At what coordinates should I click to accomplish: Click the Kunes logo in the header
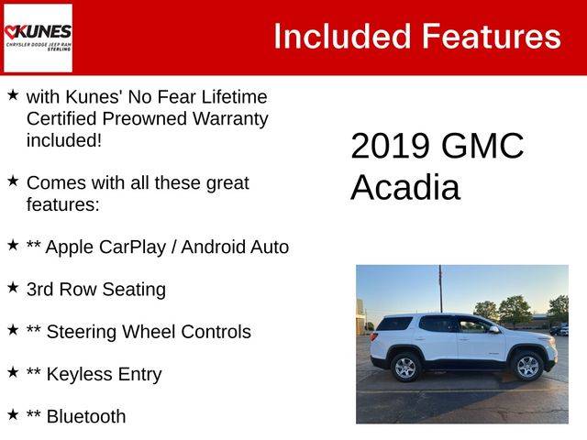pyautogui.click(x=38, y=38)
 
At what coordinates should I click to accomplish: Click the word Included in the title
pyautogui.click(x=342, y=37)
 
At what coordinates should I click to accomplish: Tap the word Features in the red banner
pyautogui.click(x=492, y=37)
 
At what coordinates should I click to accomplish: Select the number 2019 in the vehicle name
pyautogui.click(x=390, y=146)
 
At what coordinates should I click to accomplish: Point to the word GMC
pyautogui.click(x=482, y=146)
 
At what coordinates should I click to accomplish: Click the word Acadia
pyautogui.click(x=405, y=187)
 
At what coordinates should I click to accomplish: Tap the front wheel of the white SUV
pyautogui.click(x=528, y=367)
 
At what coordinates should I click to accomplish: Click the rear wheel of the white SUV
pyautogui.click(x=405, y=368)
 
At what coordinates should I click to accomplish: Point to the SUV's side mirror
pyautogui.click(x=494, y=330)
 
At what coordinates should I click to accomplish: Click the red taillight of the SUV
pyautogui.click(x=373, y=336)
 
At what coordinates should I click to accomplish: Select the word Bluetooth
pyautogui.click(x=86, y=416)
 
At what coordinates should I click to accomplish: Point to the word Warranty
pyautogui.click(x=230, y=119)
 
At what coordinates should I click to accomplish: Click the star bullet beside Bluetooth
pyautogui.click(x=13, y=414)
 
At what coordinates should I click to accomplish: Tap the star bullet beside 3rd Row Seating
pyautogui.click(x=13, y=287)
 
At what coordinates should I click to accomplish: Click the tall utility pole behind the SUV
pyautogui.click(x=440, y=289)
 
